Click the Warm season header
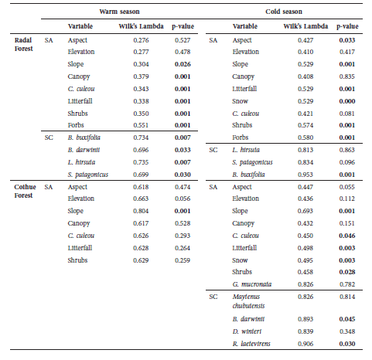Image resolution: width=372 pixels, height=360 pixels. tap(120, 12)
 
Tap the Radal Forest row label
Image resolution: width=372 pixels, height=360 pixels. tap(26, 43)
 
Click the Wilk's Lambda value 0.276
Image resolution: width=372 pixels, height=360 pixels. tap(141, 39)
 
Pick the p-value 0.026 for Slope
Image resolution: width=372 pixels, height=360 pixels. tap(183, 64)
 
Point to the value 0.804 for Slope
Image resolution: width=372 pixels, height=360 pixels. tap(141, 210)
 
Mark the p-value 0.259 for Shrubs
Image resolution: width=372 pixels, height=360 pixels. tap(183, 259)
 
